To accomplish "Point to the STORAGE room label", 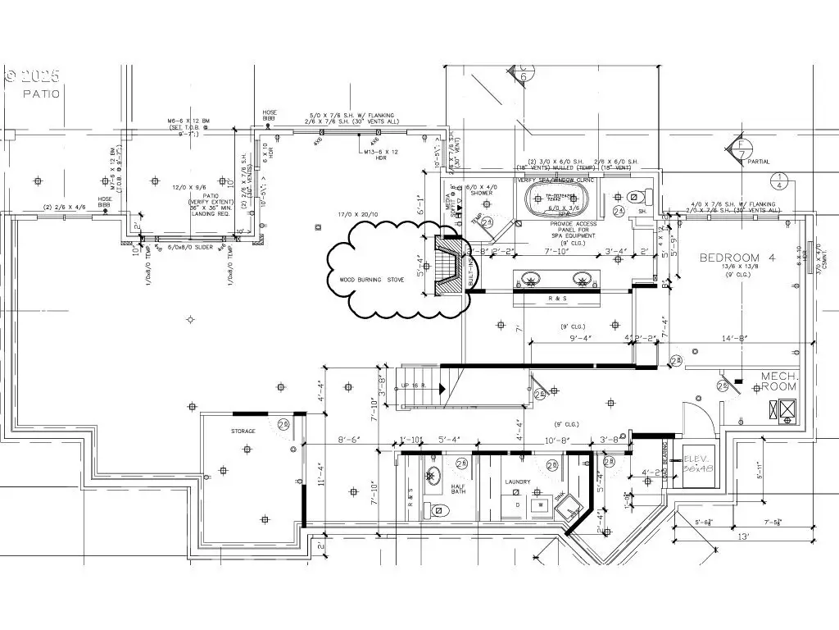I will click(243, 431).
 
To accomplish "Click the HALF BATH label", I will click(459, 490).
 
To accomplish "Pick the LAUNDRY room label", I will click(517, 482).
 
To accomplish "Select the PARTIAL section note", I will click(759, 162).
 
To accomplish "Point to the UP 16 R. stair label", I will click(414, 386).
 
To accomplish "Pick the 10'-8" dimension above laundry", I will click(557, 441).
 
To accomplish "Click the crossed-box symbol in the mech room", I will click(787, 409).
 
